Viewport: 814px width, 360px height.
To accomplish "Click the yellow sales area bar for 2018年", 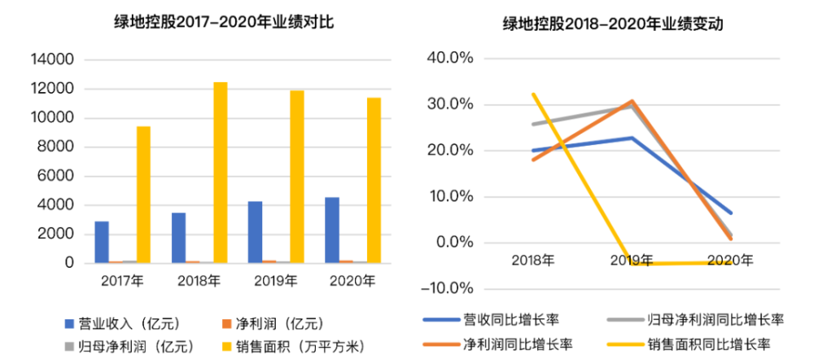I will click(x=220, y=173).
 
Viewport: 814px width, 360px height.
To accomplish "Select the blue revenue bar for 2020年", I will click(x=331, y=230).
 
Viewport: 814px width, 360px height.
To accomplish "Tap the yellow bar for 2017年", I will click(x=143, y=195).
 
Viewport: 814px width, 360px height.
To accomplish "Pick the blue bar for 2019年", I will click(x=255, y=232).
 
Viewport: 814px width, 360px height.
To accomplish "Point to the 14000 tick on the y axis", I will click(x=54, y=60).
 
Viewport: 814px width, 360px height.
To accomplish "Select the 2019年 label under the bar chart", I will click(x=275, y=281).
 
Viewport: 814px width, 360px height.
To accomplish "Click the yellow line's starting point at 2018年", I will click(x=532, y=94).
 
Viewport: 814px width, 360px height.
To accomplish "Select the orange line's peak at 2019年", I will click(x=632, y=101).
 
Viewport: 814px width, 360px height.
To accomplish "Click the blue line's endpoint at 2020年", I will click(x=730, y=213).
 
